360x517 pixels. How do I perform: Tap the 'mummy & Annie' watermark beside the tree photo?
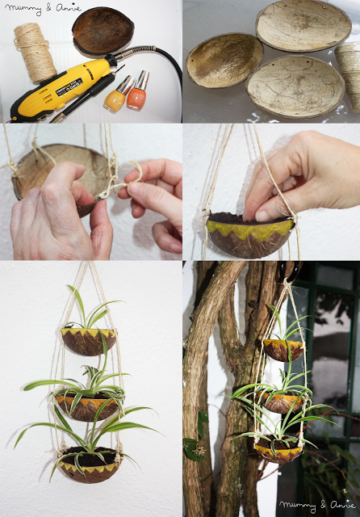(x=316, y=506)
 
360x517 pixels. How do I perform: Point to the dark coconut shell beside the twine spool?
(x=103, y=31)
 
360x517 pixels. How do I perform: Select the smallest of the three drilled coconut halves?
(x=224, y=61)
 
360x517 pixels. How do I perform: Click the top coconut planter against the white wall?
(x=89, y=340)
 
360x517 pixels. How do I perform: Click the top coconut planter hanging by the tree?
(x=283, y=349)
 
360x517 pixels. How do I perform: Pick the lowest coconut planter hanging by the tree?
(x=278, y=449)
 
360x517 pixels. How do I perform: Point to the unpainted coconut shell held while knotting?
(x=48, y=166)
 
